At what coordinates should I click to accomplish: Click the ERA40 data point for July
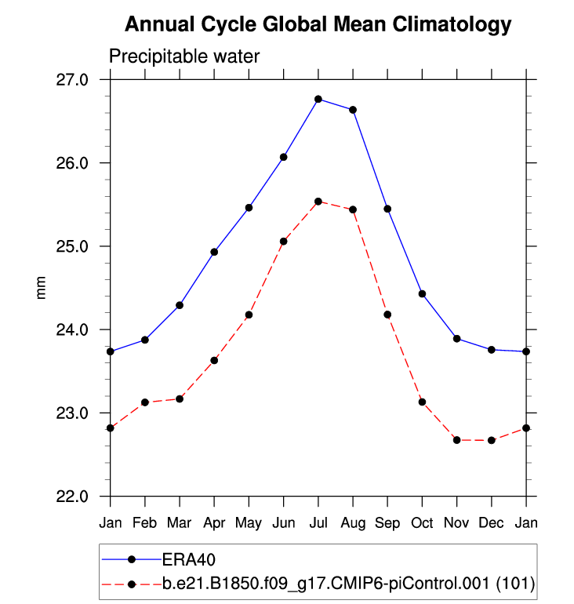318,99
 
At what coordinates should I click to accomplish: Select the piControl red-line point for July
318,202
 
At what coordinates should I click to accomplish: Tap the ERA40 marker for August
353,110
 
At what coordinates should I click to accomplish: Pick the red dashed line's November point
456,440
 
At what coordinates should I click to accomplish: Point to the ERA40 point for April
214,252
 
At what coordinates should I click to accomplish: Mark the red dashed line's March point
180,399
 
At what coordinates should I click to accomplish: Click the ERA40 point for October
422,293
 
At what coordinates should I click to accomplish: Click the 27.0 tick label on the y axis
82,80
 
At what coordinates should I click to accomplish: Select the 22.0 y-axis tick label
82,496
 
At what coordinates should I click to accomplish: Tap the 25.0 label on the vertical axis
82,246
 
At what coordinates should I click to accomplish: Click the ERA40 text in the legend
189,559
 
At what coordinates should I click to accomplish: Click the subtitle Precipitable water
183,56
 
